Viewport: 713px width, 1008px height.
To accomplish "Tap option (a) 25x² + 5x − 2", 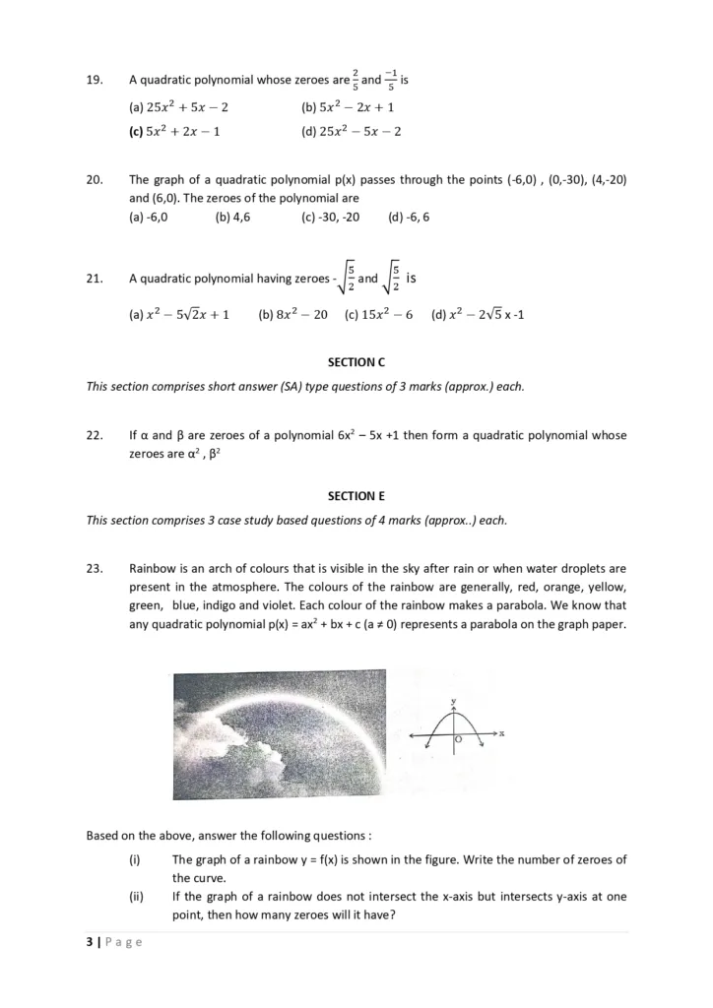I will [x=178, y=106].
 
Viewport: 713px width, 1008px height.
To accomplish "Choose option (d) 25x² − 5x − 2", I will [x=351, y=130].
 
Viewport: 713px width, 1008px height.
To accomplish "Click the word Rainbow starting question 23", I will [x=152, y=568].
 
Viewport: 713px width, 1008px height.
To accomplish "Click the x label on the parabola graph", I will [x=501, y=733].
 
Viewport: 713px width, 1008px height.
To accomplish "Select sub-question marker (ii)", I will [x=136, y=897].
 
